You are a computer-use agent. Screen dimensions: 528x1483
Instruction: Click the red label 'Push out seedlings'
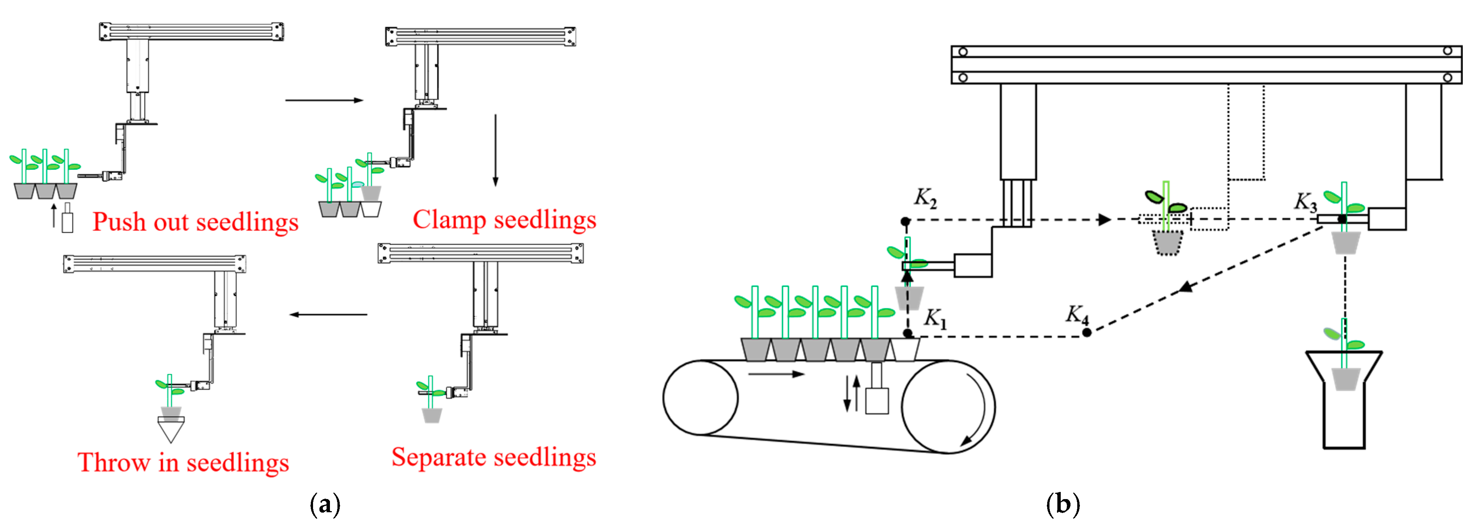[195, 222]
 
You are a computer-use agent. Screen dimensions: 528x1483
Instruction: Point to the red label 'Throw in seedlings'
[183, 462]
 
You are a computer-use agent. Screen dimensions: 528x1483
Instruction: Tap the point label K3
[1305, 202]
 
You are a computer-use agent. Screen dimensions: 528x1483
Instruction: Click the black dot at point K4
[1086, 332]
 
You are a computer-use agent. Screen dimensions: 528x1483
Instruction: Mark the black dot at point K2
[905, 221]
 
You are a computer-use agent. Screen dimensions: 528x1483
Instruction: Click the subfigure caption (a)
[325, 504]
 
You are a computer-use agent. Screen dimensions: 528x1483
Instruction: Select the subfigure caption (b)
[1063, 504]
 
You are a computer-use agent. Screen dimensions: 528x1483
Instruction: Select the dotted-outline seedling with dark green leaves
[1166, 222]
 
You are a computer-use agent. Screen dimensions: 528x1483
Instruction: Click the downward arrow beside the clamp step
[495, 150]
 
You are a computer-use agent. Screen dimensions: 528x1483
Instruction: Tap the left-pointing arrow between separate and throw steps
[328, 314]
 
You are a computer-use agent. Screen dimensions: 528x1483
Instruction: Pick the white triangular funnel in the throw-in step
[170, 429]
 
